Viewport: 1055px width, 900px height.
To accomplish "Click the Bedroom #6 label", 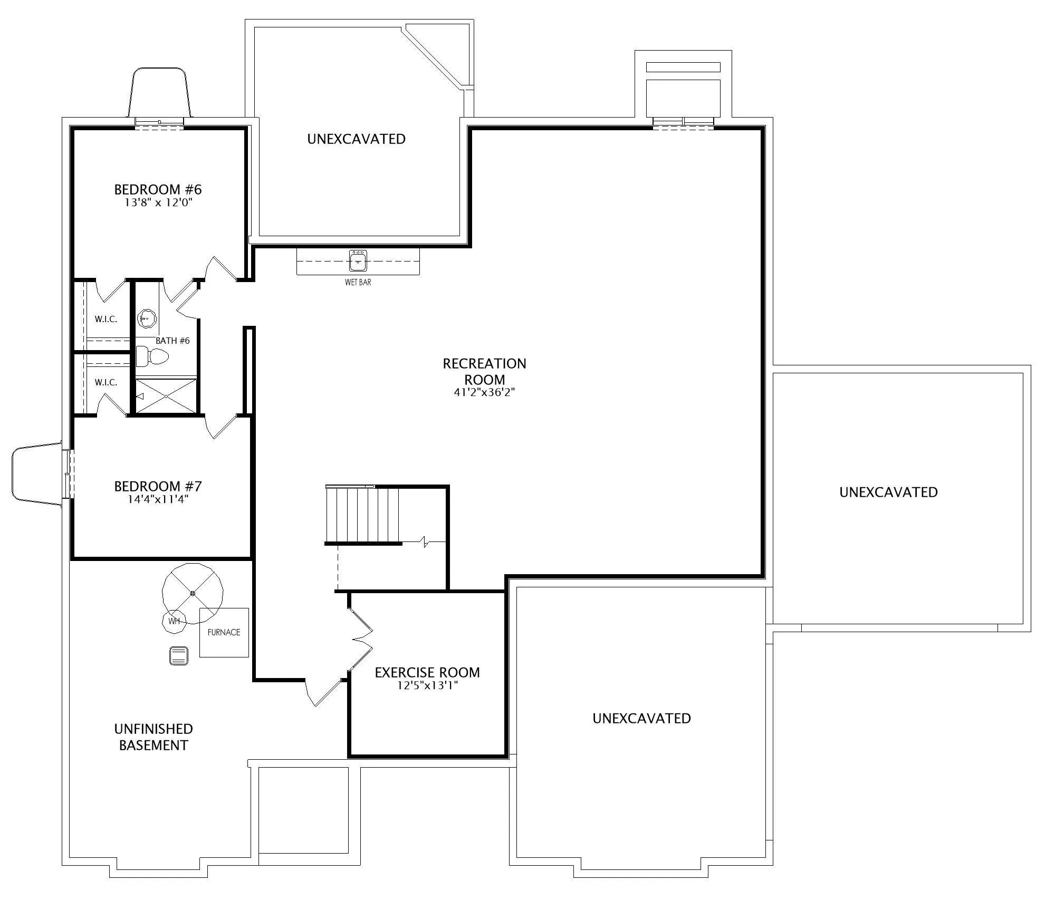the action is click(158, 189).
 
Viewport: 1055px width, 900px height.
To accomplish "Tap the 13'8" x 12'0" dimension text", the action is click(158, 203).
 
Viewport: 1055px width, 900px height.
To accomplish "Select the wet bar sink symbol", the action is click(358, 260).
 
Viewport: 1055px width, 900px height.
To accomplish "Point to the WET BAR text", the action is click(358, 283).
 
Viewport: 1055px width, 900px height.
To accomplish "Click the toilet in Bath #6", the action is click(152, 356).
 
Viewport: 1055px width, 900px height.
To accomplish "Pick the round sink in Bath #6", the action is click(147, 318).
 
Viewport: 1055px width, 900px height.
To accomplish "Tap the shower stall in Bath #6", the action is click(166, 396).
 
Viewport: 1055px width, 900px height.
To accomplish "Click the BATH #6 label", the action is click(172, 341).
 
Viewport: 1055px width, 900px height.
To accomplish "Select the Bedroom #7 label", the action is click(158, 486).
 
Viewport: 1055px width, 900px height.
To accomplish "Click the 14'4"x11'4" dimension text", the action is click(158, 499).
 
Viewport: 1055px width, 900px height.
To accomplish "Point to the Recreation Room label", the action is click(484, 372).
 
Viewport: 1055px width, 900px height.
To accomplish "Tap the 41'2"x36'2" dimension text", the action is click(484, 392).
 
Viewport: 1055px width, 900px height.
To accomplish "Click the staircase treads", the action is click(363, 514).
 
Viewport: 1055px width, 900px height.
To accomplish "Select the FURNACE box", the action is click(224, 632).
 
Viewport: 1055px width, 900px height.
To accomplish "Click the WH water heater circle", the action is click(174, 621).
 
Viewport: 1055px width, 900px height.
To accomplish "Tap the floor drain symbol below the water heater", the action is click(178, 656).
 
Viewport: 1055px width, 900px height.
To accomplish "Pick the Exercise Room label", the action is click(427, 673).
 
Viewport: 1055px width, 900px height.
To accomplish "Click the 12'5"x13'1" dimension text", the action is click(427, 686).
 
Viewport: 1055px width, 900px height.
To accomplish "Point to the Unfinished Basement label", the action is click(154, 737).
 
